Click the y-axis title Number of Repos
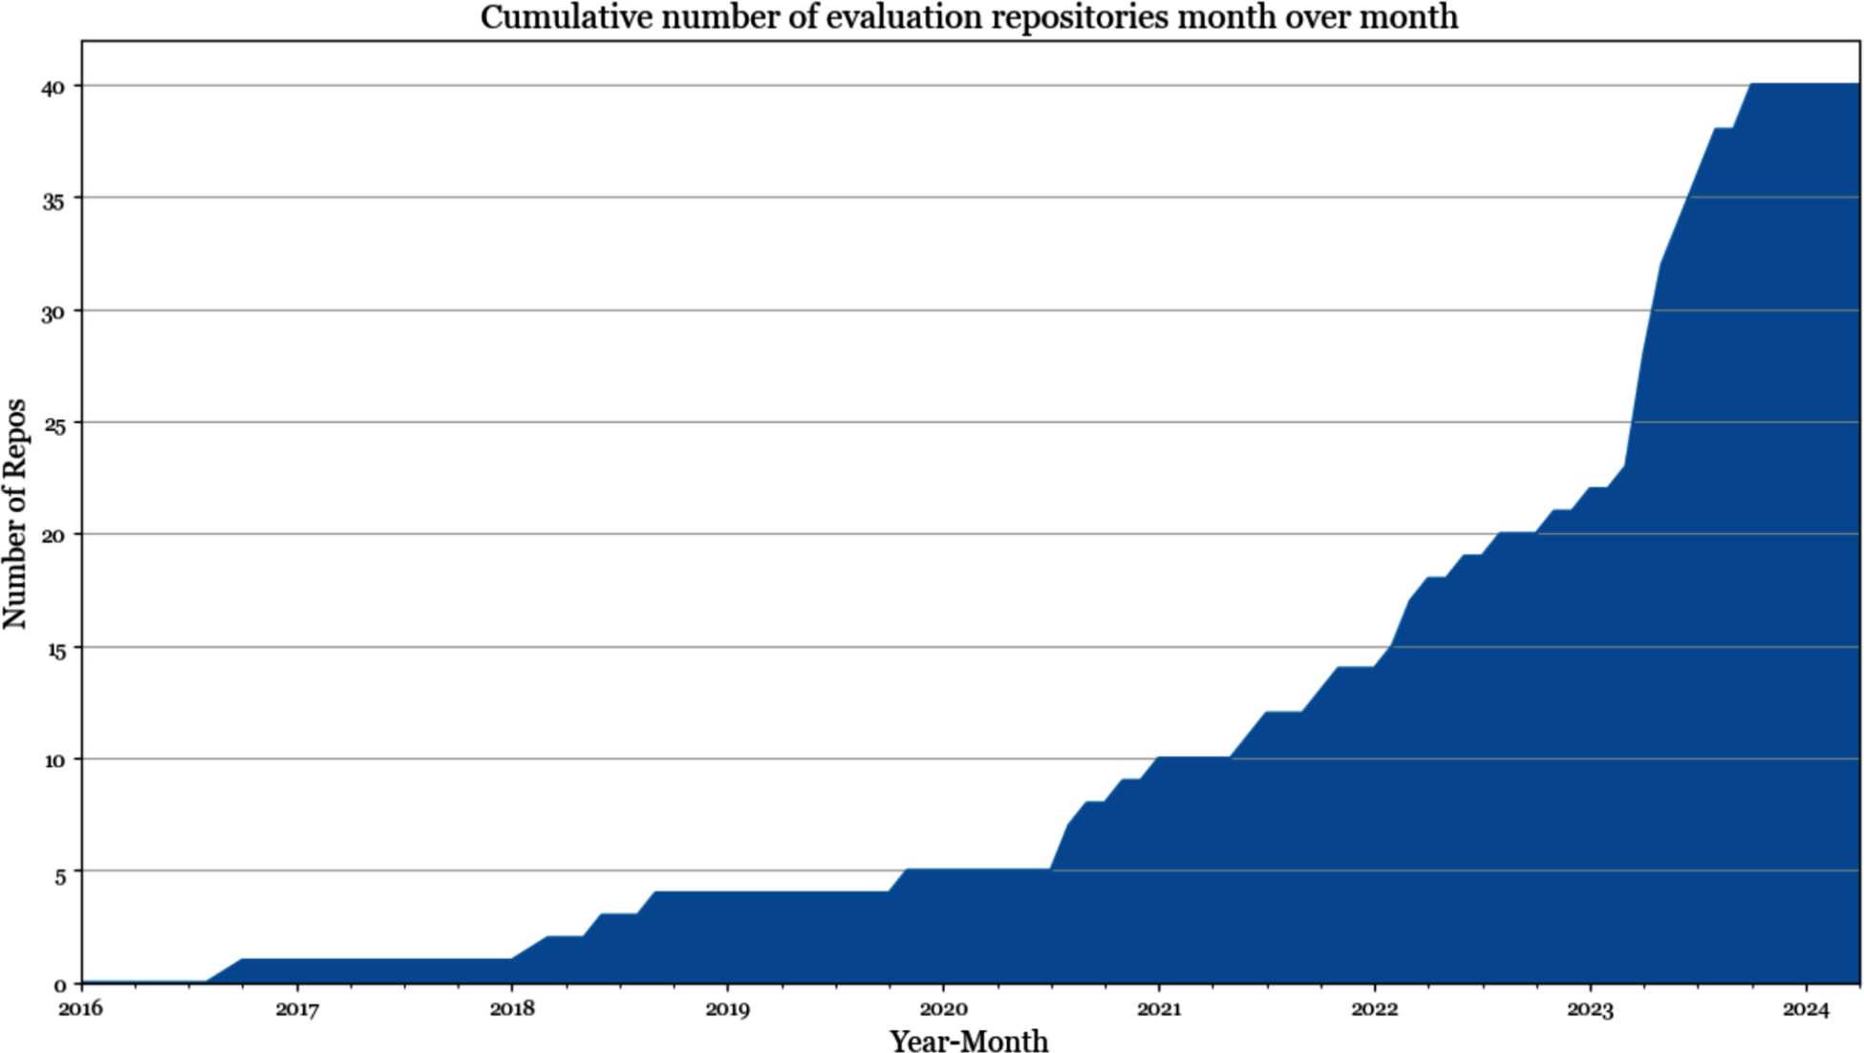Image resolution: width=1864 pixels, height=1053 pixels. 16,513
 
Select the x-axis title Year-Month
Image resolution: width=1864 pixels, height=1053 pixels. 969,1040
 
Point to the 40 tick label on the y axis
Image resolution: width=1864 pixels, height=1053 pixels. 53,87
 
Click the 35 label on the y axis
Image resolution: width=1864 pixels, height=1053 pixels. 53,199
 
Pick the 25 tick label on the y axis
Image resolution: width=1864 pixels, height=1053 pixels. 53,423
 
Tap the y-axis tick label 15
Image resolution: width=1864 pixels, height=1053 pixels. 53,648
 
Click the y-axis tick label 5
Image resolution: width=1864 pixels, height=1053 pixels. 59,872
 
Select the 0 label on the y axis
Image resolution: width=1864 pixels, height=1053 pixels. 59,984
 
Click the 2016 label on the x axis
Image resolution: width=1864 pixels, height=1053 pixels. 82,1009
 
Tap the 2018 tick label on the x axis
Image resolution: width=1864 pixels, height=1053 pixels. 512,1009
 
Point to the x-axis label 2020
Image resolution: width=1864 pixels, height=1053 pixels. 943,1009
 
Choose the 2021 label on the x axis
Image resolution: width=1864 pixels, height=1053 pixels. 1159,1009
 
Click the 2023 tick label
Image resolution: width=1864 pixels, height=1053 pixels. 1590,1009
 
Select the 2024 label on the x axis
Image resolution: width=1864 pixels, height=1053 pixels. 1806,1009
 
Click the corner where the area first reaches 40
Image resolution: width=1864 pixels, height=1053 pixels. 1751,85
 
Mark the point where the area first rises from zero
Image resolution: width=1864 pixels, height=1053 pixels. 206,981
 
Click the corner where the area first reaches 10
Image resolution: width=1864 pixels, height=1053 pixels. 1159,758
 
